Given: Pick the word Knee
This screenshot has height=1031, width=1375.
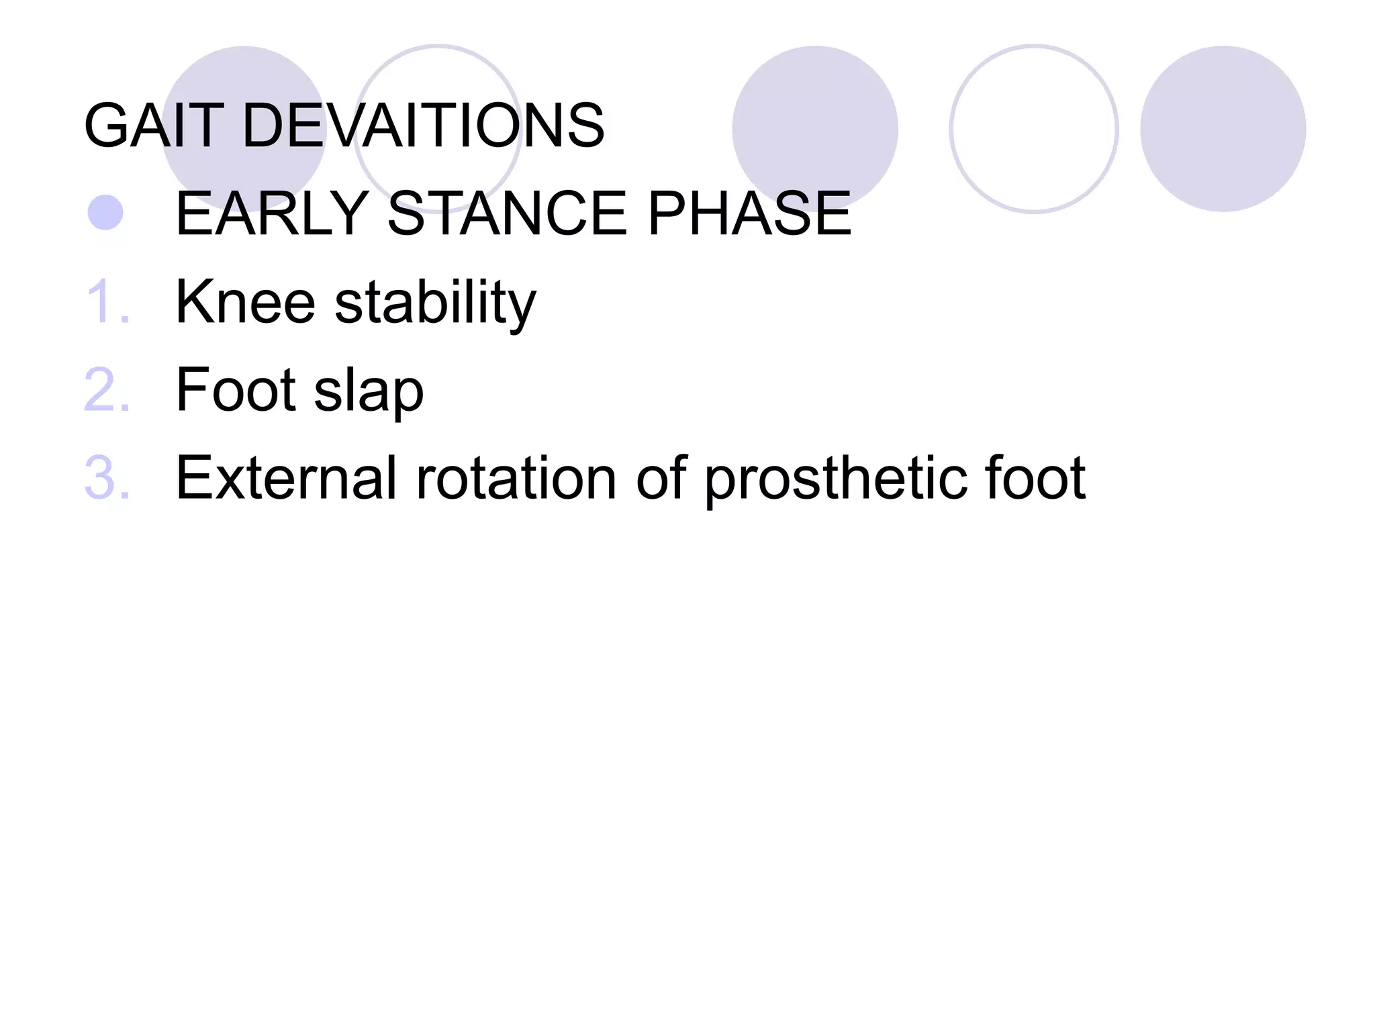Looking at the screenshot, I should click(245, 302).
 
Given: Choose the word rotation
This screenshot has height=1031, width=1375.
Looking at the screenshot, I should click(516, 478).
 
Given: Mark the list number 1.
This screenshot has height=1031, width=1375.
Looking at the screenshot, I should click(107, 302).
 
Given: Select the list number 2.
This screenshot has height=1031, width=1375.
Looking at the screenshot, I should click(107, 390).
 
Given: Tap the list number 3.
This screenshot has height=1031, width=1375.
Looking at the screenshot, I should click(107, 478).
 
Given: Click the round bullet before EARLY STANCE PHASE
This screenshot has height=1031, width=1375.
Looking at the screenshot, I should click(105, 213).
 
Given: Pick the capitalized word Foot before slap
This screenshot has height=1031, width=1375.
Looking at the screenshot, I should click(235, 390).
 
